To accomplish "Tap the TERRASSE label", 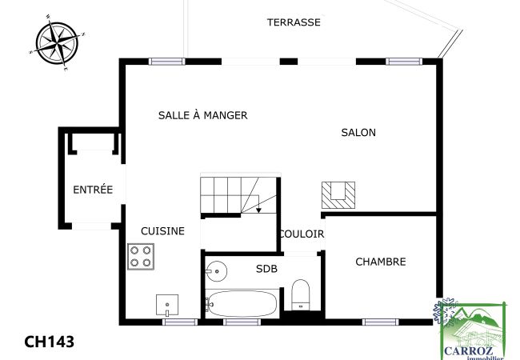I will click(294, 22).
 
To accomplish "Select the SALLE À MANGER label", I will click(202, 115).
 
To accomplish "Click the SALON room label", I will click(358, 133).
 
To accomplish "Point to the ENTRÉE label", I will click(93, 190).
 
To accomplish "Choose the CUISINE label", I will click(162, 230).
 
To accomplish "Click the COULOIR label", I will click(302, 234).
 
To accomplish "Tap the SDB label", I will click(266, 269).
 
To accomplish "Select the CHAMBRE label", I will click(380, 262).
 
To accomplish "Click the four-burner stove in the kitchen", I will click(141, 256).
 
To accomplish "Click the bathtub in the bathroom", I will click(242, 304).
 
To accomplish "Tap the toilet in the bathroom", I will click(301, 294).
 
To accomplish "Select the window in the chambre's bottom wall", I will click(380, 322).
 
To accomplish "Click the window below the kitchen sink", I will click(180, 322).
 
